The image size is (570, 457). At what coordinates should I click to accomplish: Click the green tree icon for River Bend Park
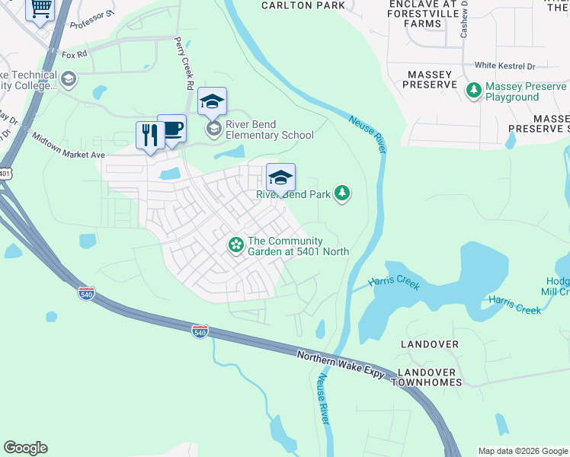coord(343,193)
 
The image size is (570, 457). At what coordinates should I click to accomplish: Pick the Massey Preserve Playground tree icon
coord(474,91)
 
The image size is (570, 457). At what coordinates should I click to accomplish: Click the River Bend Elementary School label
coord(268,130)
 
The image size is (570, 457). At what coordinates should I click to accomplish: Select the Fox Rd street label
coord(75,55)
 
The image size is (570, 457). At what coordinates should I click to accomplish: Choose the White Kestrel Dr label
coord(505,66)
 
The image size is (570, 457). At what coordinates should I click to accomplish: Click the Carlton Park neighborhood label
coord(303,5)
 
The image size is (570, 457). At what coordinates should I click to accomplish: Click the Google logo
coord(25,448)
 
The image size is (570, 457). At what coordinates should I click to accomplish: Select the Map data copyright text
coord(523,451)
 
